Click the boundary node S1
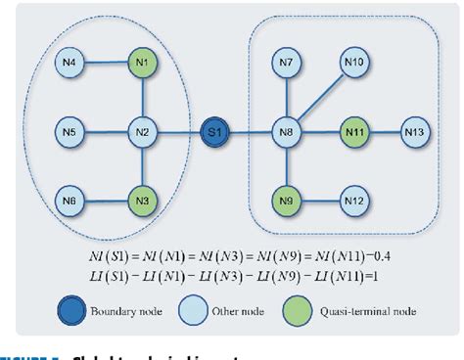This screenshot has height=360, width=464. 214,130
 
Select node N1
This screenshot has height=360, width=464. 143,68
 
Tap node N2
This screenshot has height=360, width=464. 143,130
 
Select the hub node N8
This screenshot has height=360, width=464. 287,130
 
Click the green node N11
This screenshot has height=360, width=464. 354,130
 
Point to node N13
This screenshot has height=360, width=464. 416,130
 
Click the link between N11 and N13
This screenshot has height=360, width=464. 385,130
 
